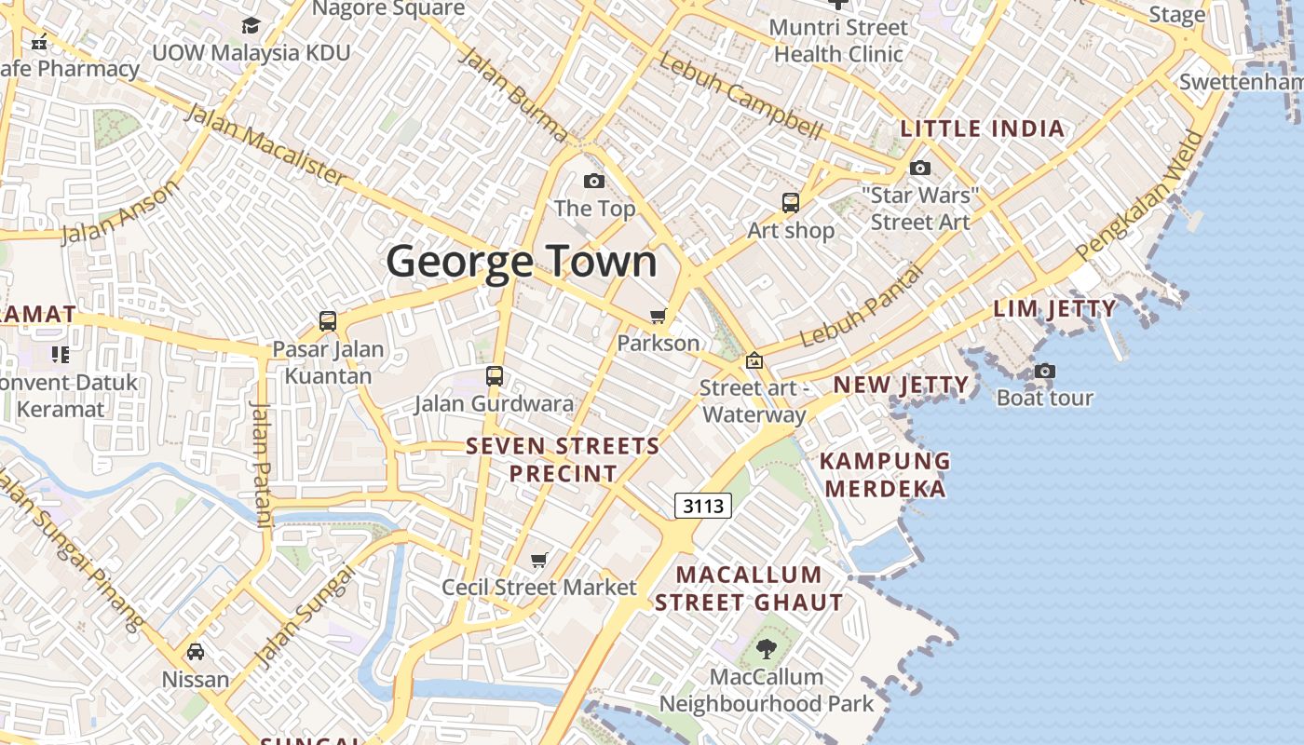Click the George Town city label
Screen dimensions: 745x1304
pos(522,262)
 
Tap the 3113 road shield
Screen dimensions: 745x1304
pos(703,506)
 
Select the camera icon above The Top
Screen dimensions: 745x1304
pos(593,181)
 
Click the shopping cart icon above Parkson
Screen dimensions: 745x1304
pos(659,317)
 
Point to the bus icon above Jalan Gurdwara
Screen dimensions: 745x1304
pos(495,376)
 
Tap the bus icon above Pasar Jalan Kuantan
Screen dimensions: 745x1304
pos(328,321)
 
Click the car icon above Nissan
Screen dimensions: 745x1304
pos(196,652)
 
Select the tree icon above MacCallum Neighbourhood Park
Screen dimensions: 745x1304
pos(766,649)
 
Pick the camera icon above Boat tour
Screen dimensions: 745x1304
pos(1045,371)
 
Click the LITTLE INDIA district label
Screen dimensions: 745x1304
pos(983,129)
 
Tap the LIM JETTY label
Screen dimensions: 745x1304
pos(1054,308)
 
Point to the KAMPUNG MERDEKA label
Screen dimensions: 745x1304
pos(885,475)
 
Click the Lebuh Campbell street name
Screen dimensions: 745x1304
pos(740,96)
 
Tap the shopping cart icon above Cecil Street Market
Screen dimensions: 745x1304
pos(539,560)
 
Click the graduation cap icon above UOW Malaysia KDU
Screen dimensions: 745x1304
pos(251,25)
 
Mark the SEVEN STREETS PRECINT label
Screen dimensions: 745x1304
pos(563,459)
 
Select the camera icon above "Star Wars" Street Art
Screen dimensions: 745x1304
pos(920,169)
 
